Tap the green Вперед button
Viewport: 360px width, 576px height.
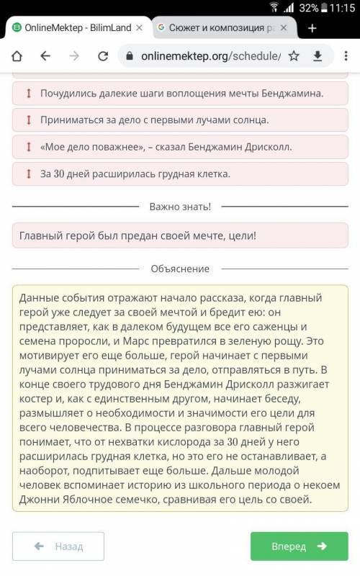pyautogui.click(x=299, y=546)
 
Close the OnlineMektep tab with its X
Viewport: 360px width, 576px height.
pyautogui.click(x=139, y=28)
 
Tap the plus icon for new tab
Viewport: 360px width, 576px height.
pyautogui.click(x=312, y=28)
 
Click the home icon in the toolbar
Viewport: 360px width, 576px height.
pyautogui.click(x=17, y=55)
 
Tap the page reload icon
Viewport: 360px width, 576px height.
pyautogui.click(x=103, y=55)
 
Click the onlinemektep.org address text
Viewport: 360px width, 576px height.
pyautogui.click(x=209, y=55)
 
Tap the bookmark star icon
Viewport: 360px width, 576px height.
pyautogui.click(x=294, y=55)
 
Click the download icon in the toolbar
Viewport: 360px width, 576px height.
pyautogui.click(x=318, y=55)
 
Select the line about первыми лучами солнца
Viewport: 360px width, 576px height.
pyautogui.click(x=155, y=120)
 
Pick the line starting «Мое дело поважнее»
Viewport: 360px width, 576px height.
pyautogui.click(x=166, y=146)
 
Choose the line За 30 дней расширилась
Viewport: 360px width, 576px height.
pyautogui.click(x=135, y=173)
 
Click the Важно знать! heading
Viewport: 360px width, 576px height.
pyautogui.click(x=180, y=207)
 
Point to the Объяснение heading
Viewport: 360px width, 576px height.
pyautogui.click(x=180, y=269)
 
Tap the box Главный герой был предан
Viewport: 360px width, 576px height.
pyautogui.click(x=180, y=235)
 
